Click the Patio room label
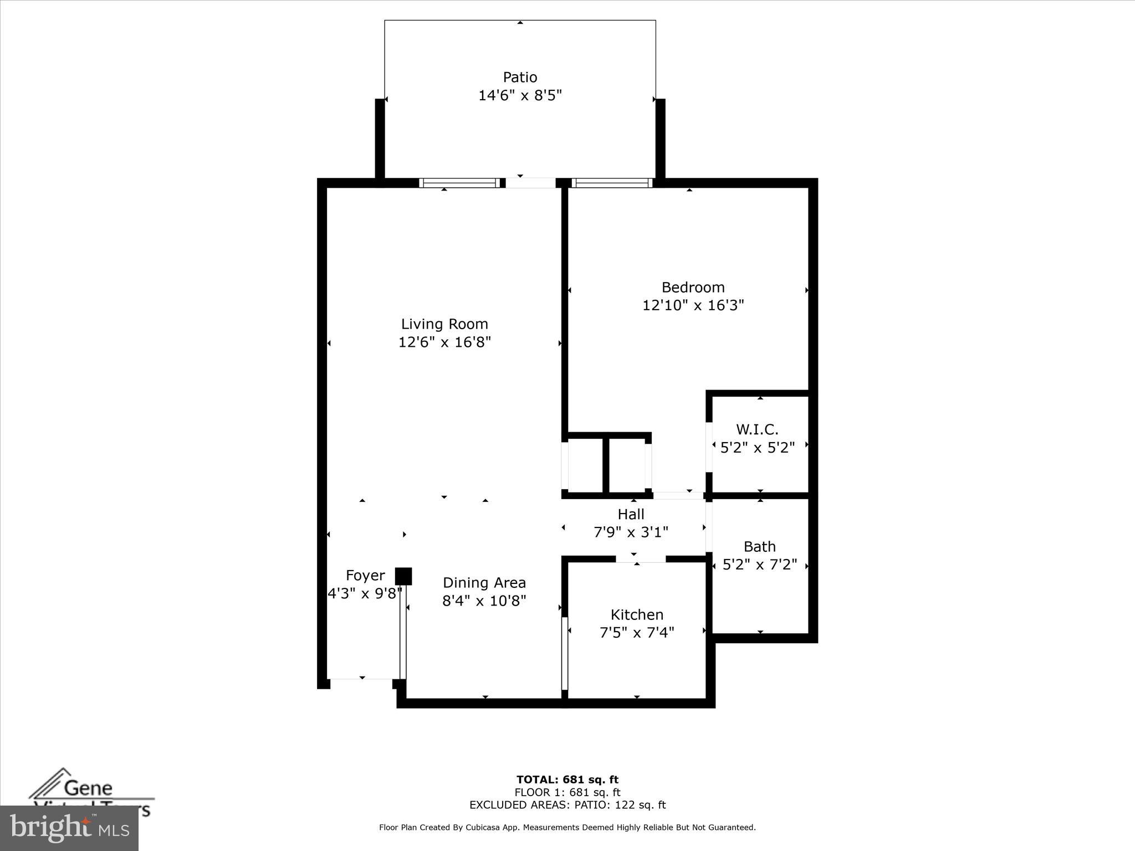pyautogui.click(x=520, y=77)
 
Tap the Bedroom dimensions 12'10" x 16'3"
pyautogui.click(x=693, y=305)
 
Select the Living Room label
pyautogui.click(x=444, y=324)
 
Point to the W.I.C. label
pyautogui.click(x=757, y=429)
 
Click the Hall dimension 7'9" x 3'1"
pyautogui.click(x=631, y=532)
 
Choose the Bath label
pyautogui.click(x=759, y=547)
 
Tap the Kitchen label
pyautogui.click(x=637, y=614)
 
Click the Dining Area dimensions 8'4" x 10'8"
pyautogui.click(x=484, y=601)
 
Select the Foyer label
pyautogui.click(x=365, y=576)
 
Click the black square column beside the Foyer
pyautogui.click(x=403, y=576)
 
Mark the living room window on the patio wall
pyautogui.click(x=459, y=183)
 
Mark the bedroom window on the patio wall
pyautogui.click(x=612, y=183)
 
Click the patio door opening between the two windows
pyautogui.click(x=530, y=183)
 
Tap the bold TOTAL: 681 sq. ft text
pyautogui.click(x=567, y=780)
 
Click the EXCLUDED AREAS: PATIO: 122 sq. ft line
pyautogui.click(x=567, y=805)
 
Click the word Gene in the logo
pyautogui.click(x=88, y=788)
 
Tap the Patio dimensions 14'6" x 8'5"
pyautogui.click(x=520, y=95)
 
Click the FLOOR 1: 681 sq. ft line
pyautogui.click(x=567, y=793)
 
